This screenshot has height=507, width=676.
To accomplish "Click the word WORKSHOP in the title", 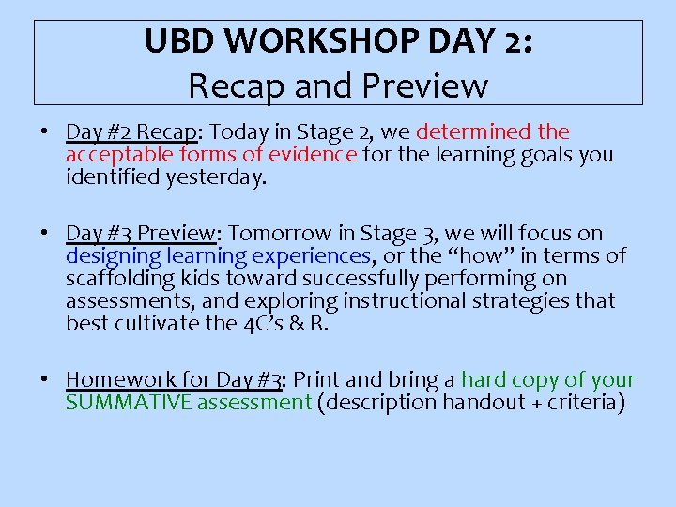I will point(304,42).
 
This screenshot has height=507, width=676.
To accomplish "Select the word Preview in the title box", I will point(431,85).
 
